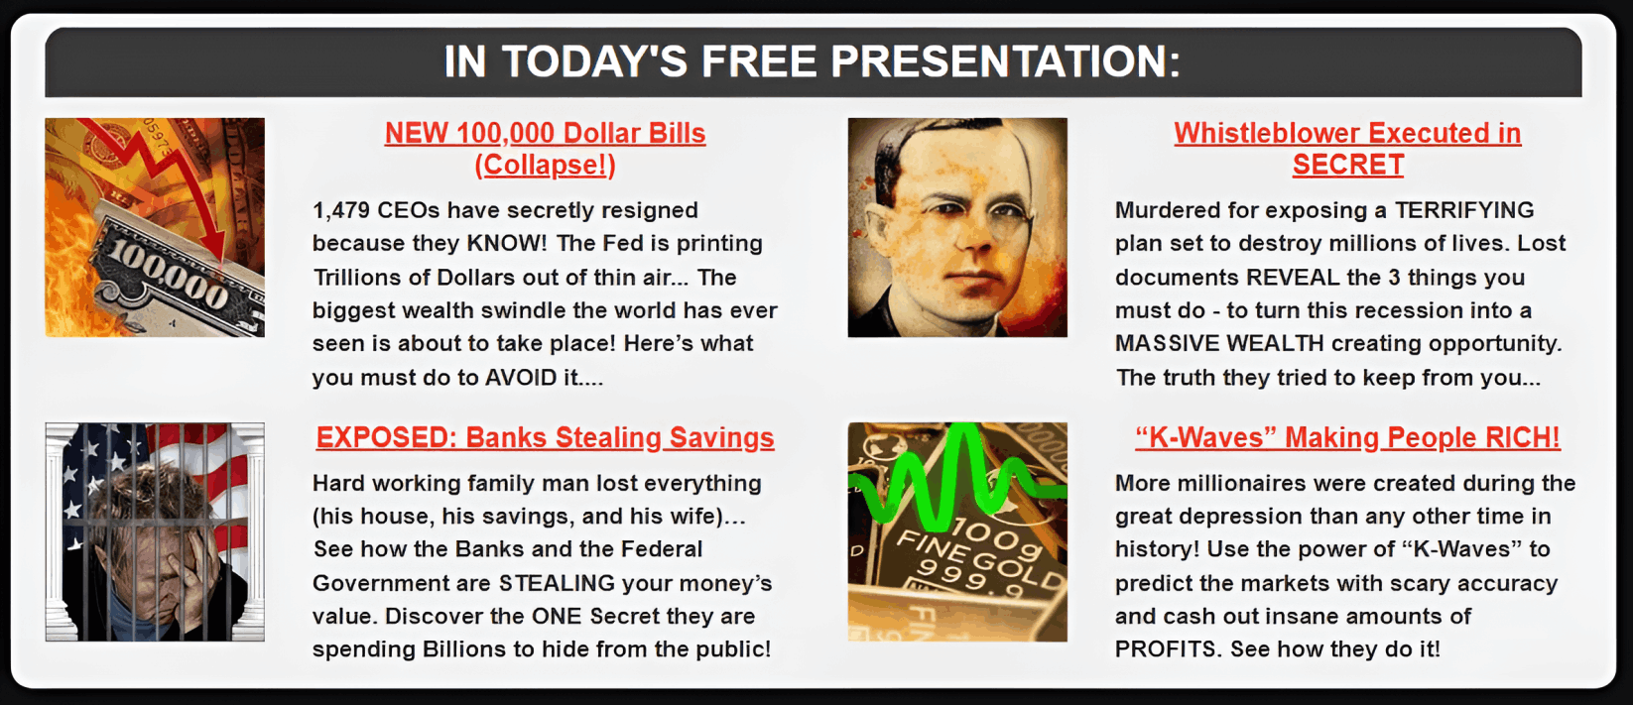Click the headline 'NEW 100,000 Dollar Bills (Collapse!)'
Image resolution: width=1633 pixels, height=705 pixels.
click(x=546, y=149)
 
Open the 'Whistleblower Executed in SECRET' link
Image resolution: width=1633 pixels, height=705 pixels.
click(x=1347, y=149)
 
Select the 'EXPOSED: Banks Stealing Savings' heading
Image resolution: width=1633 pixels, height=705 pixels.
click(x=546, y=437)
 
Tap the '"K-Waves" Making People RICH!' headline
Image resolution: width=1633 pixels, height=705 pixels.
click(x=1347, y=437)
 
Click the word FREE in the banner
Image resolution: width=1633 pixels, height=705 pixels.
click(x=759, y=61)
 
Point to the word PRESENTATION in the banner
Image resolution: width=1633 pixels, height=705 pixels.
click(x=1006, y=61)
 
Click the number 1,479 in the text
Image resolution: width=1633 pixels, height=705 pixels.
click(x=339, y=210)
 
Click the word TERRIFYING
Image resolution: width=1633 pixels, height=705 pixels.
click(x=1464, y=210)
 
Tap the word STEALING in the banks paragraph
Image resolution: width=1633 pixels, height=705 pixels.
click(x=558, y=583)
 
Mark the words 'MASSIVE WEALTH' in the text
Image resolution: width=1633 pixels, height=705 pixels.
click(x=1219, y=344)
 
